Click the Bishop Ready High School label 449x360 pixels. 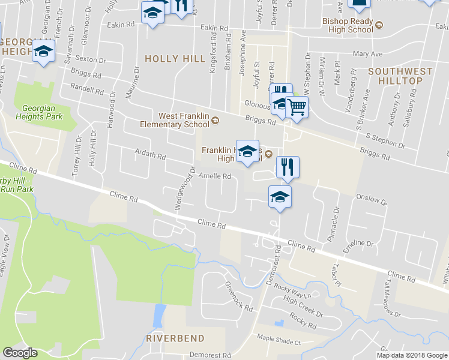tap(347, 25)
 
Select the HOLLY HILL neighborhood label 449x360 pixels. tap(170, 58)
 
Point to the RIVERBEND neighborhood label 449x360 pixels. tap(175, 338)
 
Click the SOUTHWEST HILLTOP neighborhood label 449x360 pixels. tap(400, 76)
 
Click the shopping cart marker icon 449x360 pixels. tap(296, 107)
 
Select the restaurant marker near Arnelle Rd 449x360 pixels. tap(288, 167)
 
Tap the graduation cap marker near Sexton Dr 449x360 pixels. tap(44, 52)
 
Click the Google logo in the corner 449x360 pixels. tap(20, 353)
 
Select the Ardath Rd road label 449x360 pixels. tap(149, 155)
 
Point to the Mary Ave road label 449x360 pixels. tap(368, 54)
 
